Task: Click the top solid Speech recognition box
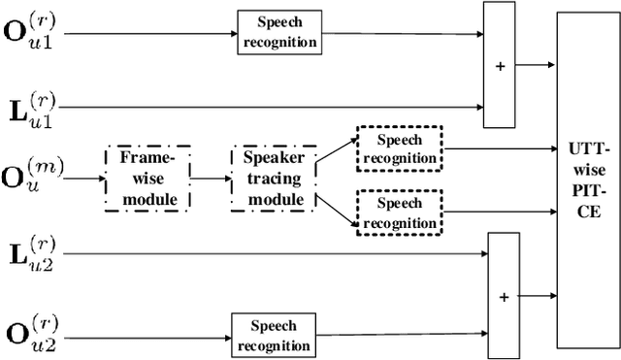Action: pyautogui.click(x=278, y=34)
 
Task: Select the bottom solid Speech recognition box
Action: pyautogui.click(x=273, y=334)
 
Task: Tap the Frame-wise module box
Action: pyautogui.click(x=147, y=179)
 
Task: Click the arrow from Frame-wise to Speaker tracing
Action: pyautogui.click(x=211, y=179)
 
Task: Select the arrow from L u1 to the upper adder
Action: pyautogui.click(x=272, y=106)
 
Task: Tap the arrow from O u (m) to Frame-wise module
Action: pyautogui.click(x=86, y=179)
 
